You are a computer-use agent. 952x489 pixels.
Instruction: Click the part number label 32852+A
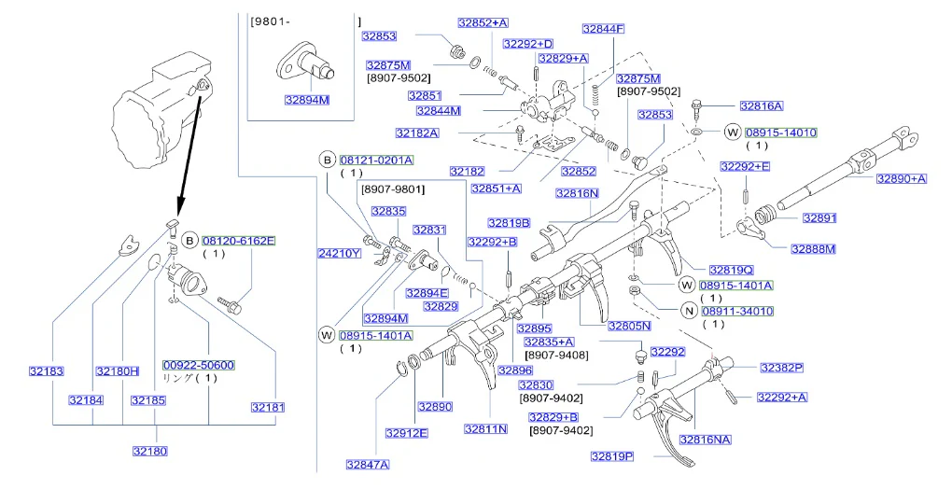483,23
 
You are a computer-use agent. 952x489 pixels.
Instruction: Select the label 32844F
604,29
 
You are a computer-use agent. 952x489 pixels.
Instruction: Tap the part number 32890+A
902,178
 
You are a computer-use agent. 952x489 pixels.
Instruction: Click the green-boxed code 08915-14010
781,133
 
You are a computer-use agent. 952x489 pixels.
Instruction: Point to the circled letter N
689,312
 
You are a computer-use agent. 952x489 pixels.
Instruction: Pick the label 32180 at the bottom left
150,451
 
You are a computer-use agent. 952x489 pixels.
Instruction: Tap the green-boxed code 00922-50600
199,365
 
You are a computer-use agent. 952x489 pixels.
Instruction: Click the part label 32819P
612,456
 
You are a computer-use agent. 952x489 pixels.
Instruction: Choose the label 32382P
782,368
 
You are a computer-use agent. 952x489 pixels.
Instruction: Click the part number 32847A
368,465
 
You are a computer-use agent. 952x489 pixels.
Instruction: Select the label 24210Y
340,253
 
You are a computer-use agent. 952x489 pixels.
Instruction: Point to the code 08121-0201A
376,161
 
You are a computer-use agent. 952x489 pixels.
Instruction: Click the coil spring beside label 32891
766,217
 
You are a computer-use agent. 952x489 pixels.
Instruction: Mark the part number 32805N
630,326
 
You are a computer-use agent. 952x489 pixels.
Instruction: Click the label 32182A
417,133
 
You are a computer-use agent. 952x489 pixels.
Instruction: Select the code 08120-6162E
239,241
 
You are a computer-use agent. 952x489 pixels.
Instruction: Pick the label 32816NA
706,440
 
